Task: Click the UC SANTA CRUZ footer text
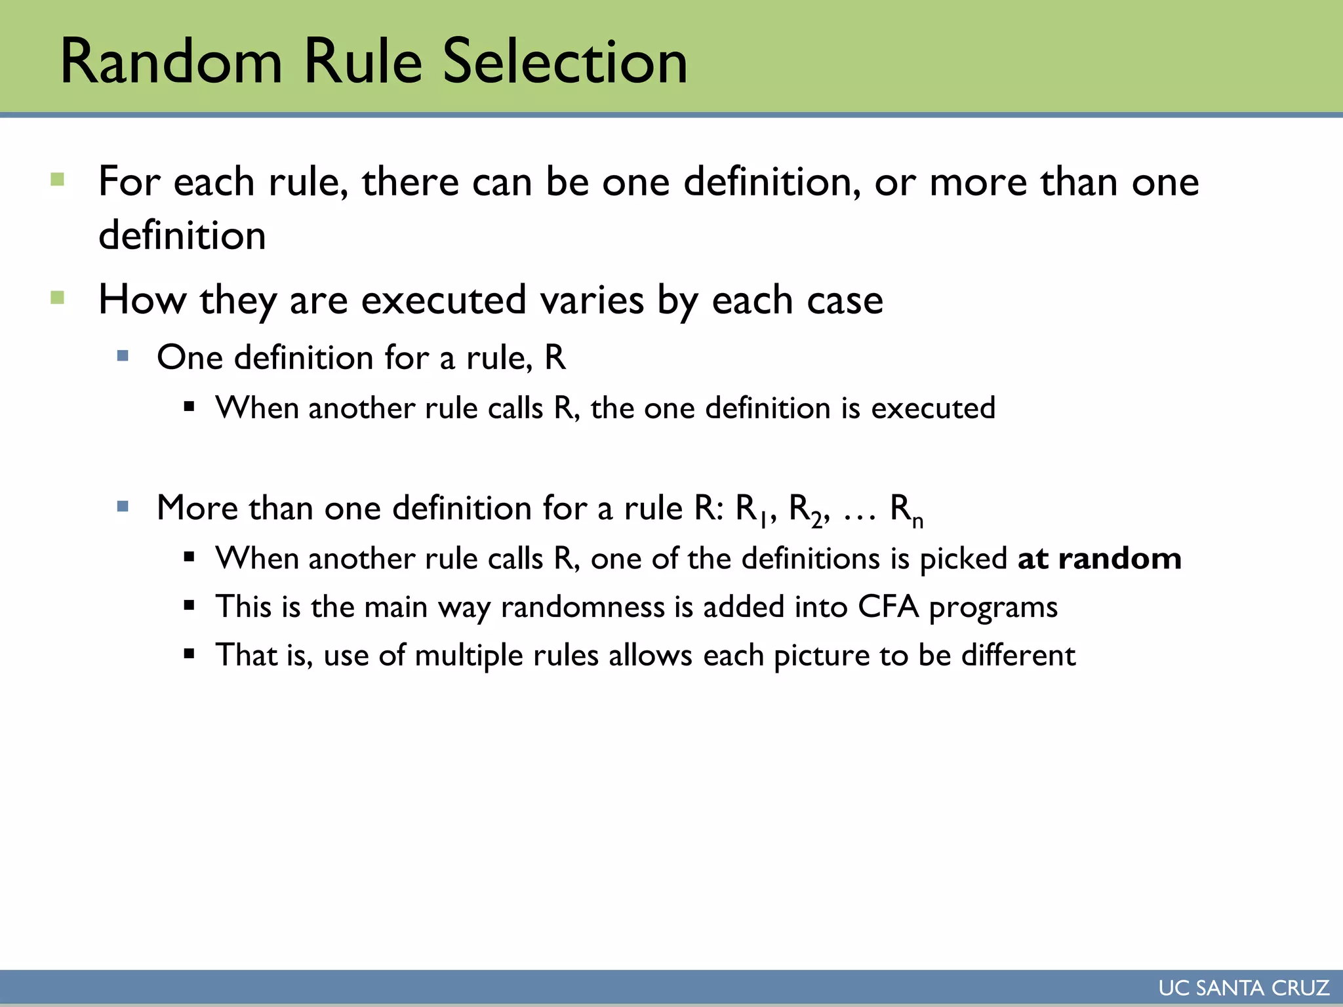[x=1243, y=988]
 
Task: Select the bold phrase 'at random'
[x=1099, y=559]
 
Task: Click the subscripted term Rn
[x=906, y=509]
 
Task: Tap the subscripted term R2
[x=805, y=509]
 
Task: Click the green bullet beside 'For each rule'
[x=58, y=180]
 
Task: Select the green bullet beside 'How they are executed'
[x=58, y=298]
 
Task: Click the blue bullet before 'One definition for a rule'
[x=123, y=356]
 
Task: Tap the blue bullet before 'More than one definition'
[x=123, y=506]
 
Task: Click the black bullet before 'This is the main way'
[x=190, y=606]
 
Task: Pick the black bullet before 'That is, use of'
[x=190, y=654]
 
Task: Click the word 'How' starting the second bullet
[x=142, y=300]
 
